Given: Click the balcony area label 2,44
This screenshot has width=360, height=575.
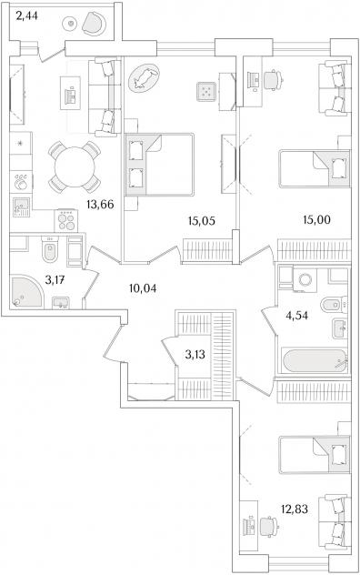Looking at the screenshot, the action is (26, 16).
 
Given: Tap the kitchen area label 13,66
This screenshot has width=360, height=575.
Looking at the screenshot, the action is (100, 205).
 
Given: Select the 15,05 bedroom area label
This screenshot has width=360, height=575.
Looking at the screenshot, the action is (201, 221).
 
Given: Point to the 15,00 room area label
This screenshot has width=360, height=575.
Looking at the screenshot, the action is (316, 219).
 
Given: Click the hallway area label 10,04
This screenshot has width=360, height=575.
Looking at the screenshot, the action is (143, 288).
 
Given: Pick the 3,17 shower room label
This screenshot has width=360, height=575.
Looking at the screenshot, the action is (55, 280).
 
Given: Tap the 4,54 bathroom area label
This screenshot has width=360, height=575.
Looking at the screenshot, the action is (297, 316).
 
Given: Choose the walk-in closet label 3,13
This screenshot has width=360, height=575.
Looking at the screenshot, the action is (195, 355).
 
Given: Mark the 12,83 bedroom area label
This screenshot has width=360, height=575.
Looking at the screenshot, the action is (295, 509).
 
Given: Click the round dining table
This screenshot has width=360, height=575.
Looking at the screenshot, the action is (75, 167).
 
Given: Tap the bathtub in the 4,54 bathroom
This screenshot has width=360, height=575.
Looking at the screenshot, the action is (314, 361).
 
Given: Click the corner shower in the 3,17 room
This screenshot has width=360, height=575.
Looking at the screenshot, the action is (26, 292).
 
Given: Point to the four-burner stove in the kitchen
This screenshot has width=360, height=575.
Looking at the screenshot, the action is (66, 221).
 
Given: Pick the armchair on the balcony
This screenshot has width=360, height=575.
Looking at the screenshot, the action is (95, 23).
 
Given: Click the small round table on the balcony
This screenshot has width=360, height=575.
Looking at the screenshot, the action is (71, 24).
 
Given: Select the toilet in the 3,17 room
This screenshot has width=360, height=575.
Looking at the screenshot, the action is (50, 249).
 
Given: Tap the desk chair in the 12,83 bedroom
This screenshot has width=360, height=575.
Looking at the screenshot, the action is (269, 528).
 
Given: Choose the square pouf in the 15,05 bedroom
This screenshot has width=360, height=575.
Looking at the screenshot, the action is (205, 92).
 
